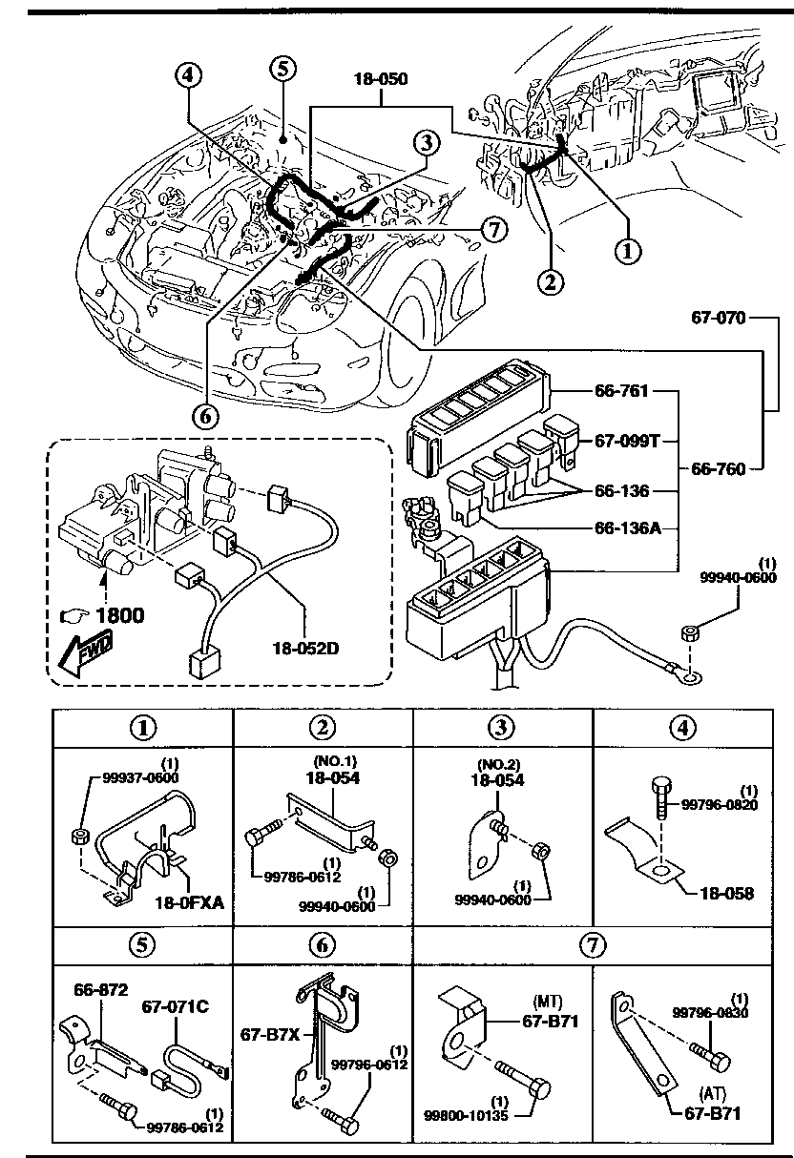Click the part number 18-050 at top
pos(382,79)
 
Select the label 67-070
pos(720,318)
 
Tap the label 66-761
pos(621,392)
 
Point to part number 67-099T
pos(628,442)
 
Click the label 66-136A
pos(628,527)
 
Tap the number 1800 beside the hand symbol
pos(118,615)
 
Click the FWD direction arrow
pos(80,652)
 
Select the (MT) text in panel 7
pos(546,1002)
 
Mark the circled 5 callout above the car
pos(282,68)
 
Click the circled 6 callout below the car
pos(206,416)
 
